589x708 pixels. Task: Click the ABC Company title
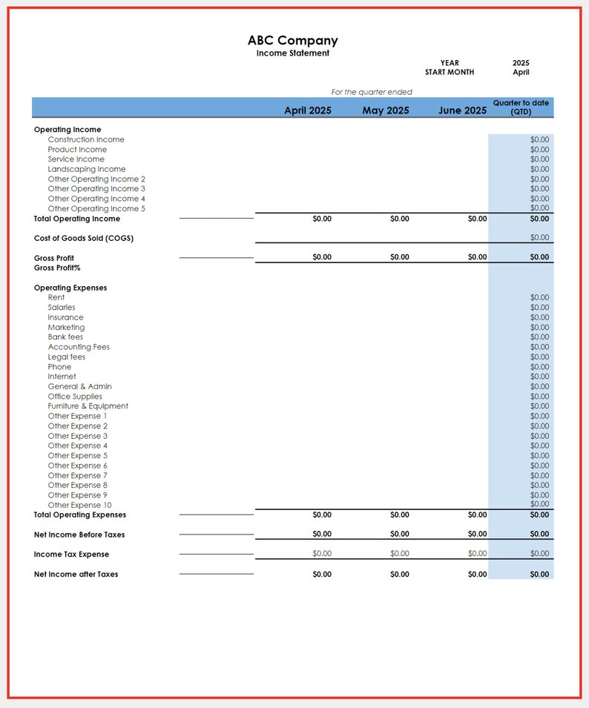[292, 41]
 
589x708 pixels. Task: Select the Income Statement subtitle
[292, 53]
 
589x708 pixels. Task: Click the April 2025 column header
[308, 110]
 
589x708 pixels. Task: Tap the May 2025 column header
[386, 110]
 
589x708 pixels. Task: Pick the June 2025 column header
[463, 110]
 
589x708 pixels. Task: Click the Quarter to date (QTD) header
[521, 107]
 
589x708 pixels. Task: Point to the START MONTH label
[449, 73]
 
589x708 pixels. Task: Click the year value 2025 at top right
[521, 63]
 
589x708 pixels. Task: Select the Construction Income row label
[86, 139]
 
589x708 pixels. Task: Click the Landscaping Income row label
[87, 169]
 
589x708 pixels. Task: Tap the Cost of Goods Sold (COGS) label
[84, 239]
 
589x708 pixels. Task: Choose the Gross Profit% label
[57, 268]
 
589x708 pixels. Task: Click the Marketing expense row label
[66, 327]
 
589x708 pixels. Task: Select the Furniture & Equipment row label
[88, 406]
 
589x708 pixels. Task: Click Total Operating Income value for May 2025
[399, 219]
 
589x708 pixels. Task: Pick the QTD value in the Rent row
[539, 297]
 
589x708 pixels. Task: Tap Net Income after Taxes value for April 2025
[322, 575]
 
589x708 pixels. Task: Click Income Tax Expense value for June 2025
[477, 554]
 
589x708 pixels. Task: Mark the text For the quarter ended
[372, 92]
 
